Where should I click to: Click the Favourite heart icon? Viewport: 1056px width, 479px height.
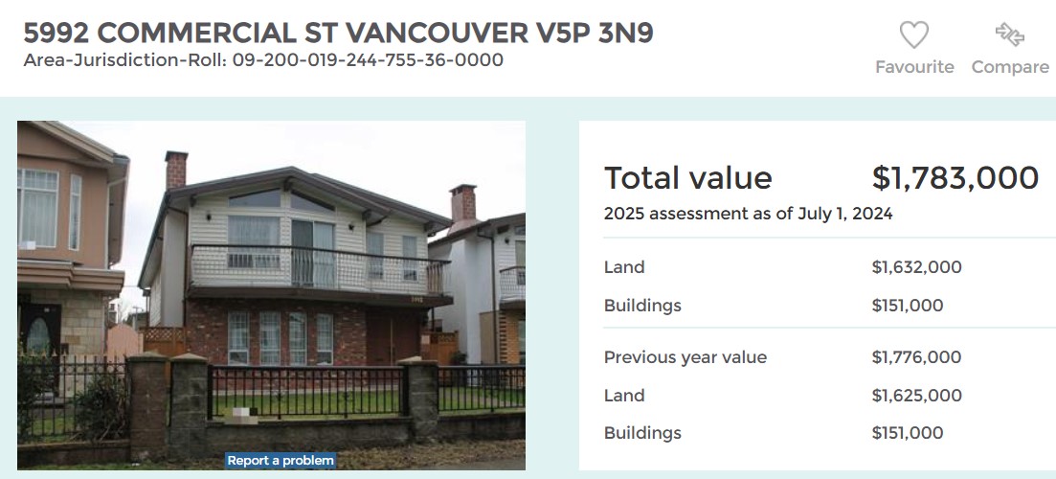(x=914, y=34)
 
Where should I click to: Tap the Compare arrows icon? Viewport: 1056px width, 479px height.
(x=1009, y=34)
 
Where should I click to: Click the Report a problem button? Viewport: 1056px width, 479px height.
(x=281, y=461)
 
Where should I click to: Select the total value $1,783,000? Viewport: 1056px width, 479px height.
(x=955, y=178)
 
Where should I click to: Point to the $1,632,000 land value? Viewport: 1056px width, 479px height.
(x=916, y=267)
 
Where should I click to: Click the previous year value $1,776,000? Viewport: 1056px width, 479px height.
(x=916, y=357)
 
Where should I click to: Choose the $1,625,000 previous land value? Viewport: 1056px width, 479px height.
(x=916, y=396)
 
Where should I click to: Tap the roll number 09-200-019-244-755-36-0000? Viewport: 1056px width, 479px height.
(x=368, y=60)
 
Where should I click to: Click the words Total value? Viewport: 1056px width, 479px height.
(x=687, y=178)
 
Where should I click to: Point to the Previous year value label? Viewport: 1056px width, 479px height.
(x=685, y=357)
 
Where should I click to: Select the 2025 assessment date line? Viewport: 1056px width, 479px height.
(x=749, y=215)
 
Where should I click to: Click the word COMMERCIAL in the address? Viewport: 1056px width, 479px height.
(x=196, y=33)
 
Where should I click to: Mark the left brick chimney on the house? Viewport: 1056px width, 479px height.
(x=176, y=170)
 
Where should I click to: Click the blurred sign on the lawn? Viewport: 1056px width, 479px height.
(x=241, y=416)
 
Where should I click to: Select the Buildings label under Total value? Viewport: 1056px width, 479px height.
(x=642, y=306)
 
